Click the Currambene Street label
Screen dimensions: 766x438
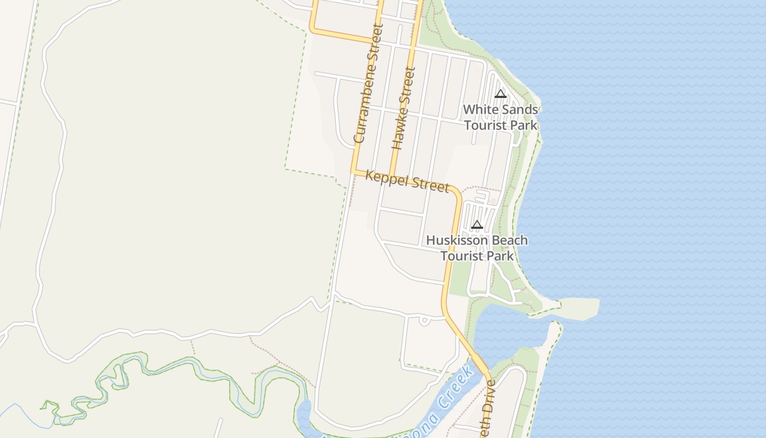(367, 83)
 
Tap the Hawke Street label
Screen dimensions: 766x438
(404, 108)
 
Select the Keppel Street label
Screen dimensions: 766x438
(407, 180)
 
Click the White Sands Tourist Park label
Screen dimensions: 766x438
(501, 118)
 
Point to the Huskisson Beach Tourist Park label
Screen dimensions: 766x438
(477, 248)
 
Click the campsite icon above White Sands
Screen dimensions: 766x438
(500, 94)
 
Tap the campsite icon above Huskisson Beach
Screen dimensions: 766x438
(477, 224)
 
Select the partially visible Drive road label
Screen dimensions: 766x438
(488, 408)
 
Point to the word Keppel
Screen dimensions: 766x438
(386, 177)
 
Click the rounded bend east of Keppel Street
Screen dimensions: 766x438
(457, 193)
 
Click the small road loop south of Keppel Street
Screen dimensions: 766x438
(424, 321)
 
